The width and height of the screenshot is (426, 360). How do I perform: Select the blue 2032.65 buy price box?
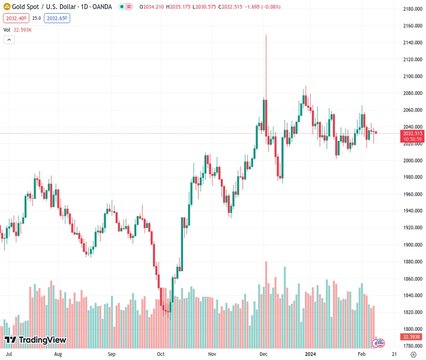[x=57, y=18]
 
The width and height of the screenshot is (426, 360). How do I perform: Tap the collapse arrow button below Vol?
[x=9, y=40]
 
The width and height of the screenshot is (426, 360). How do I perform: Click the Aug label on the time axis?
[x=58, y=355]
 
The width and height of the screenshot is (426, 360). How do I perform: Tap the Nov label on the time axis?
[x=212, y=355]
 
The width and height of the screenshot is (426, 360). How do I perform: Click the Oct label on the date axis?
[x=161, y=355]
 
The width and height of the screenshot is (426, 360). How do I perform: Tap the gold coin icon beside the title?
[x=7, y=7]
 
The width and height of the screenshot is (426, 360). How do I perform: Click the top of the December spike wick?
[x=265, y=35]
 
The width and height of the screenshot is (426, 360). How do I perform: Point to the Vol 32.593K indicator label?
[x=19, y=29]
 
